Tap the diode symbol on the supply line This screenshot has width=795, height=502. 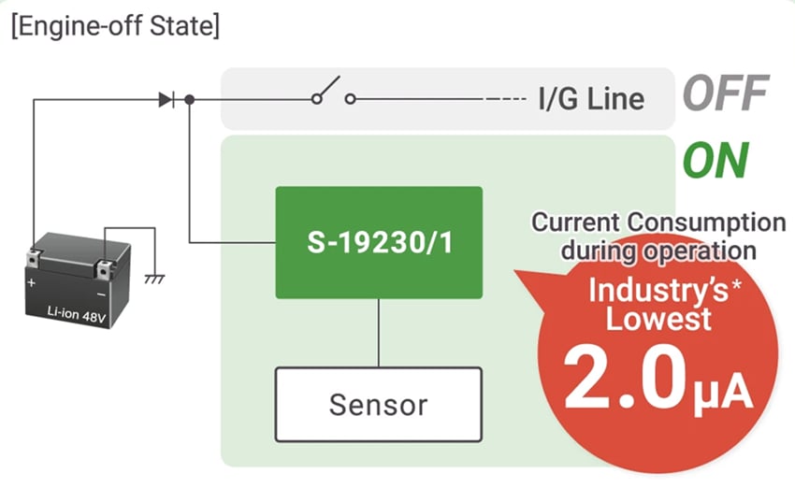tap(166, 98)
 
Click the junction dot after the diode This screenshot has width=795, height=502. tap(189, 98)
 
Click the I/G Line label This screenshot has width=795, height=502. tap(590, 98)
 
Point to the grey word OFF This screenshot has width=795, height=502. tap(725, 93)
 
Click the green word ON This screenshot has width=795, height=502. tap(715, 160)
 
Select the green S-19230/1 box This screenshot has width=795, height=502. tap(379, 242)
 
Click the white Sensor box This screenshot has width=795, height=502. tap(379, 404)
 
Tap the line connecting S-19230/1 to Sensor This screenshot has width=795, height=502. tap(379, 333)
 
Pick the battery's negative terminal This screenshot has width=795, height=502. tap(104, 253)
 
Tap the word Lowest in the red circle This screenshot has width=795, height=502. tap(658, 319)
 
